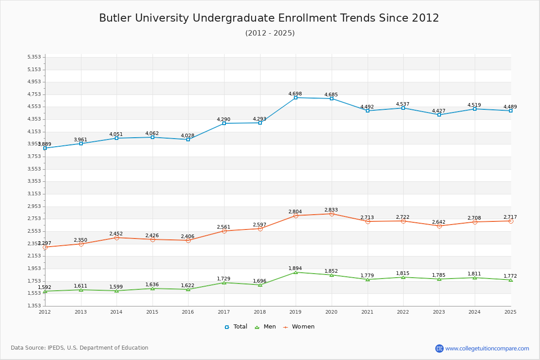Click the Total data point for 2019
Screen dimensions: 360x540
click(296, 98)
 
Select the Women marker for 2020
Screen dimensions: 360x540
click(332, 214)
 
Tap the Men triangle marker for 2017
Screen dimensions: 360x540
click(224, 283)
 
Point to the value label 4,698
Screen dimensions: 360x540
click(295, 94)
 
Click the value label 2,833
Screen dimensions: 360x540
click(331, 210)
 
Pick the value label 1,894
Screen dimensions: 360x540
click(295, 269)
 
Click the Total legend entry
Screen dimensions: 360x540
click(236, 327)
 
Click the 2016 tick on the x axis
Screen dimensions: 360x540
click(188, 312)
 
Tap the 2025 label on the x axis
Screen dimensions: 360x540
click(510, 312)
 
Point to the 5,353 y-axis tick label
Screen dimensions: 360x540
click(34, 57)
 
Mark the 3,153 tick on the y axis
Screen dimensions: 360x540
click(34, 194)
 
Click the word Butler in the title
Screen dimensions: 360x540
click(115, 18)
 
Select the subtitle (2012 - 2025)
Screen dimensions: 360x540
click(270, 33)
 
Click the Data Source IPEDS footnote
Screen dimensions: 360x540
click(80, 348)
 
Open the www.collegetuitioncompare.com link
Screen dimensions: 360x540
click(487, 348)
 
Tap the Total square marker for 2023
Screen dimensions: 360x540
click(439, 115)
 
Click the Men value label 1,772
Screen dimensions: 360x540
click(510, 276)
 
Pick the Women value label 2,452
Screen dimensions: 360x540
click(116, 234)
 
